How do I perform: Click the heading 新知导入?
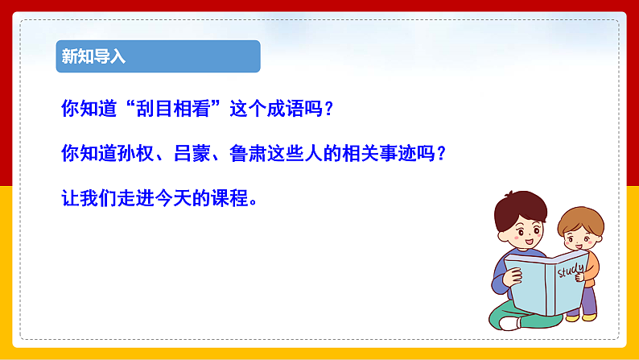[94, 57]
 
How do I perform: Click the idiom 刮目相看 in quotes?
[169, 109]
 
